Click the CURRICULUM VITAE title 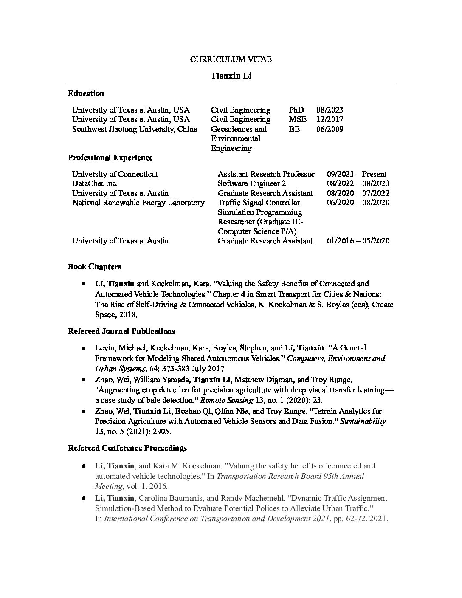(x=231, y=59)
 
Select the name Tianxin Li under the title (x=231, y=76)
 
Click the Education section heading (x=86, y=93)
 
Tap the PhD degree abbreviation (x=296, y=110)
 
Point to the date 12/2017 (x=330, y=119)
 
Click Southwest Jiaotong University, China (x=135, y=129)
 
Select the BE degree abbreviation (x=294, y=129)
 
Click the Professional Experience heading (x=110, y=158)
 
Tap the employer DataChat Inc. (x=95, y=183)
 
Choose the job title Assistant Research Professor (x=266, y=174)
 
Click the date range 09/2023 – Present (x=357, y=174)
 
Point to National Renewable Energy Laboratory (x=138, y=203)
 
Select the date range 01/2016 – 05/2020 (x=358, y=241)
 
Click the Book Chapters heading (x=95, y=267)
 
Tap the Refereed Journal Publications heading (x=121, y=331)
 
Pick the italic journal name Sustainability (x=363, y=422)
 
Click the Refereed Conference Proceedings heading (x=127, y=448)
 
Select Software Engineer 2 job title (x=251, y=183)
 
